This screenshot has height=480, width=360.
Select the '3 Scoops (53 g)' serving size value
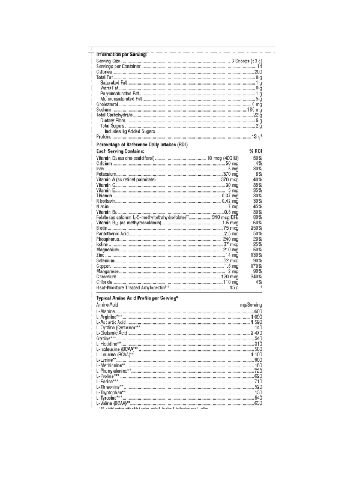pos(247,61)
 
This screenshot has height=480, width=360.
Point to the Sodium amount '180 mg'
pos(254,110)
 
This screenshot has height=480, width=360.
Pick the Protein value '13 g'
pos(257,137)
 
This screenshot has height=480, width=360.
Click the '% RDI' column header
pos(256,152)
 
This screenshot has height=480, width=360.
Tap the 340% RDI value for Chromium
pos(256,277)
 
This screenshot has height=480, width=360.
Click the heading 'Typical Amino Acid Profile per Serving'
pos(138,298)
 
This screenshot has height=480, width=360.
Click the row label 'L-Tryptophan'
pos(111,392)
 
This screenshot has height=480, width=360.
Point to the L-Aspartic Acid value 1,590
pos(256,322)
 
